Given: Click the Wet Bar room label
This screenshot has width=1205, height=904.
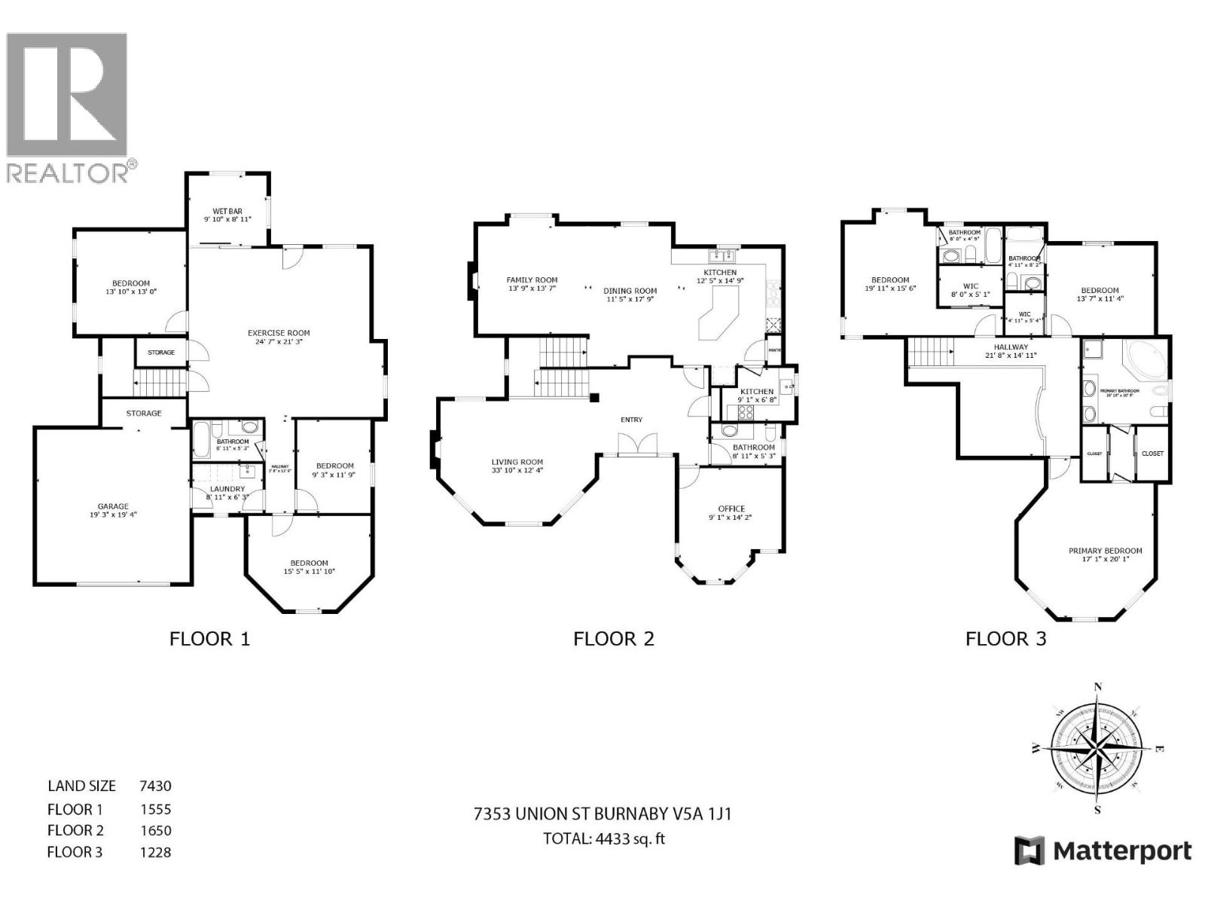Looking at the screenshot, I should tap(227, 211).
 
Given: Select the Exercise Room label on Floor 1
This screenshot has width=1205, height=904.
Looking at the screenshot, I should tap(279, 333).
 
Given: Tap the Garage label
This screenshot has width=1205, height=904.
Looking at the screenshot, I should tap(113, 506).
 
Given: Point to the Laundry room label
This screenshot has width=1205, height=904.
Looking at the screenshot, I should tap(227, 489).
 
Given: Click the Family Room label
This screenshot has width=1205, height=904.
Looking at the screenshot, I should tap(532, 279).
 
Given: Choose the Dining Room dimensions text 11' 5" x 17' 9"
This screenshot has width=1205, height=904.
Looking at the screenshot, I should tap(630, 299).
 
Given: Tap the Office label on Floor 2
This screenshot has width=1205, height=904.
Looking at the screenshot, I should tap(731, 508).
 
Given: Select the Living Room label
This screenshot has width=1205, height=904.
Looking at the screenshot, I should tap(517, 463).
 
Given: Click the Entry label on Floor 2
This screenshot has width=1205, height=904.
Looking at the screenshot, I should tap(631, 420).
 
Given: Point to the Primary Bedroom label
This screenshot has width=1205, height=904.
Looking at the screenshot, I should tap(1105, 551).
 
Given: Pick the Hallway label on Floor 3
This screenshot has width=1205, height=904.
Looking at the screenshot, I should tap(1010, 347).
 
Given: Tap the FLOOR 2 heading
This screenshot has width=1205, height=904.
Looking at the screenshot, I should tap(614, 639).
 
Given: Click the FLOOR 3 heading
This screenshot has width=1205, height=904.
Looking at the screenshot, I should tap(1006, 639).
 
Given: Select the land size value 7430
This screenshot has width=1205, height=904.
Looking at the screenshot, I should tap(155, 786).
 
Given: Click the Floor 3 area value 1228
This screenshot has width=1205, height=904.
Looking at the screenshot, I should tap(155, 852).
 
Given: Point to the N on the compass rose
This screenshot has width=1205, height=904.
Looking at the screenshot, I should tap(1098, 686).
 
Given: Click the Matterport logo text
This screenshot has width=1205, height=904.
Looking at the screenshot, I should tap(1121, 851).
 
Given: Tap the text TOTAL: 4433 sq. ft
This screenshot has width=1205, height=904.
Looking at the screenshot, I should tap(604, 838).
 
